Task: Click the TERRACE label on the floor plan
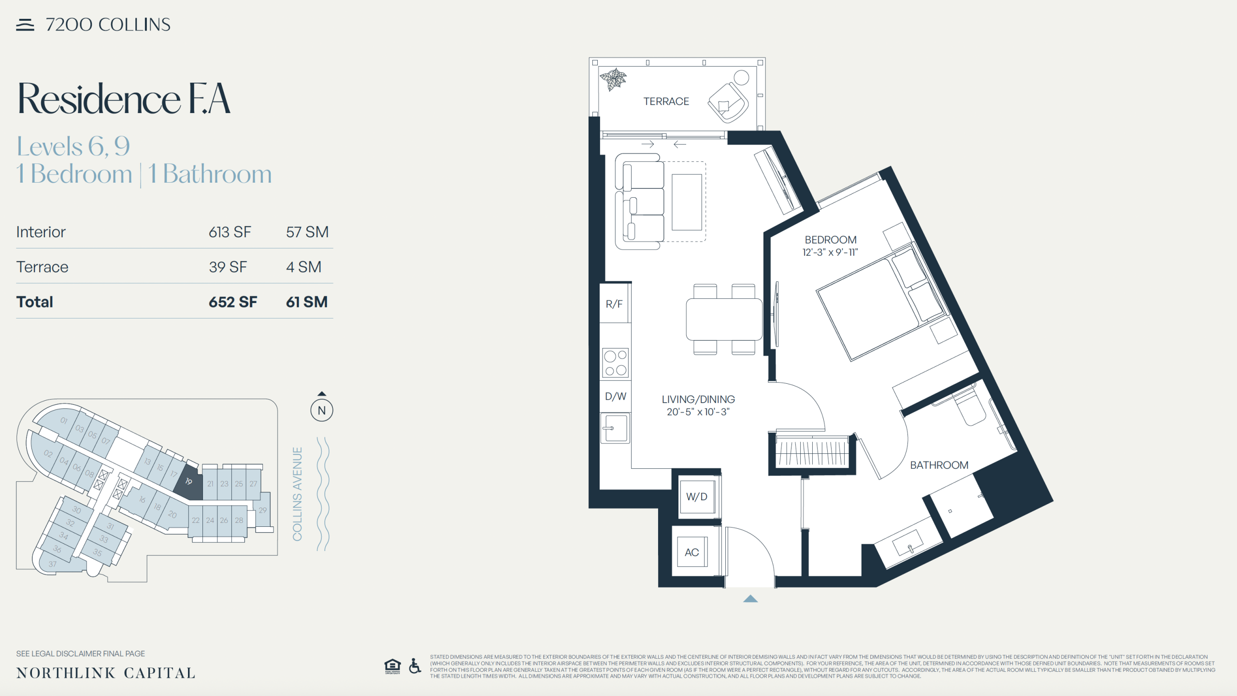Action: (666, 101)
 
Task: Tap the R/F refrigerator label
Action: (614, 304)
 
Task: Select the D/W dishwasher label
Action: (616, 396)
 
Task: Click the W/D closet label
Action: (697, 496)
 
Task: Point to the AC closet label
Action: (692, 552)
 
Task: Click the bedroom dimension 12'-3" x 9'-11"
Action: (830, 252)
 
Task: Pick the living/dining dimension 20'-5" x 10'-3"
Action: (698, 412)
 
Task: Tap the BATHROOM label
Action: (939, 465)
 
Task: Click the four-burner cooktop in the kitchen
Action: (616, 362)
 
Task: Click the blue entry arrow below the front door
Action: (750, 599)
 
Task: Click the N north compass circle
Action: (322, 410)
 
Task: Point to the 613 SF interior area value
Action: (230, 232)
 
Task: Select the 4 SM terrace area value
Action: (303, 267)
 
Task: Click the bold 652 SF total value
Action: (233, 302)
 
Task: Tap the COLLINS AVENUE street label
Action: (297, 494)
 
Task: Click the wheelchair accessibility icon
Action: (415, 666)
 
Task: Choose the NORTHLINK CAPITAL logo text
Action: (106, 673)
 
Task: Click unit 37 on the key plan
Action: (53, 564)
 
